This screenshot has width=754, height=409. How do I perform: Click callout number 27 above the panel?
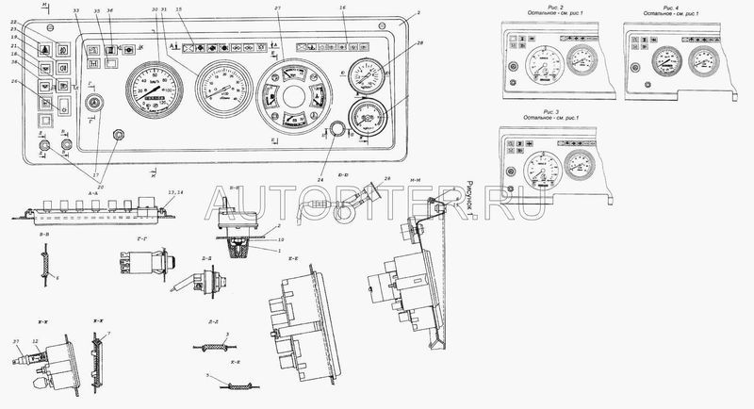(x=278, y=9)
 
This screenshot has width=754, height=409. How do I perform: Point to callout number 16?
(x=344, y=9)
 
